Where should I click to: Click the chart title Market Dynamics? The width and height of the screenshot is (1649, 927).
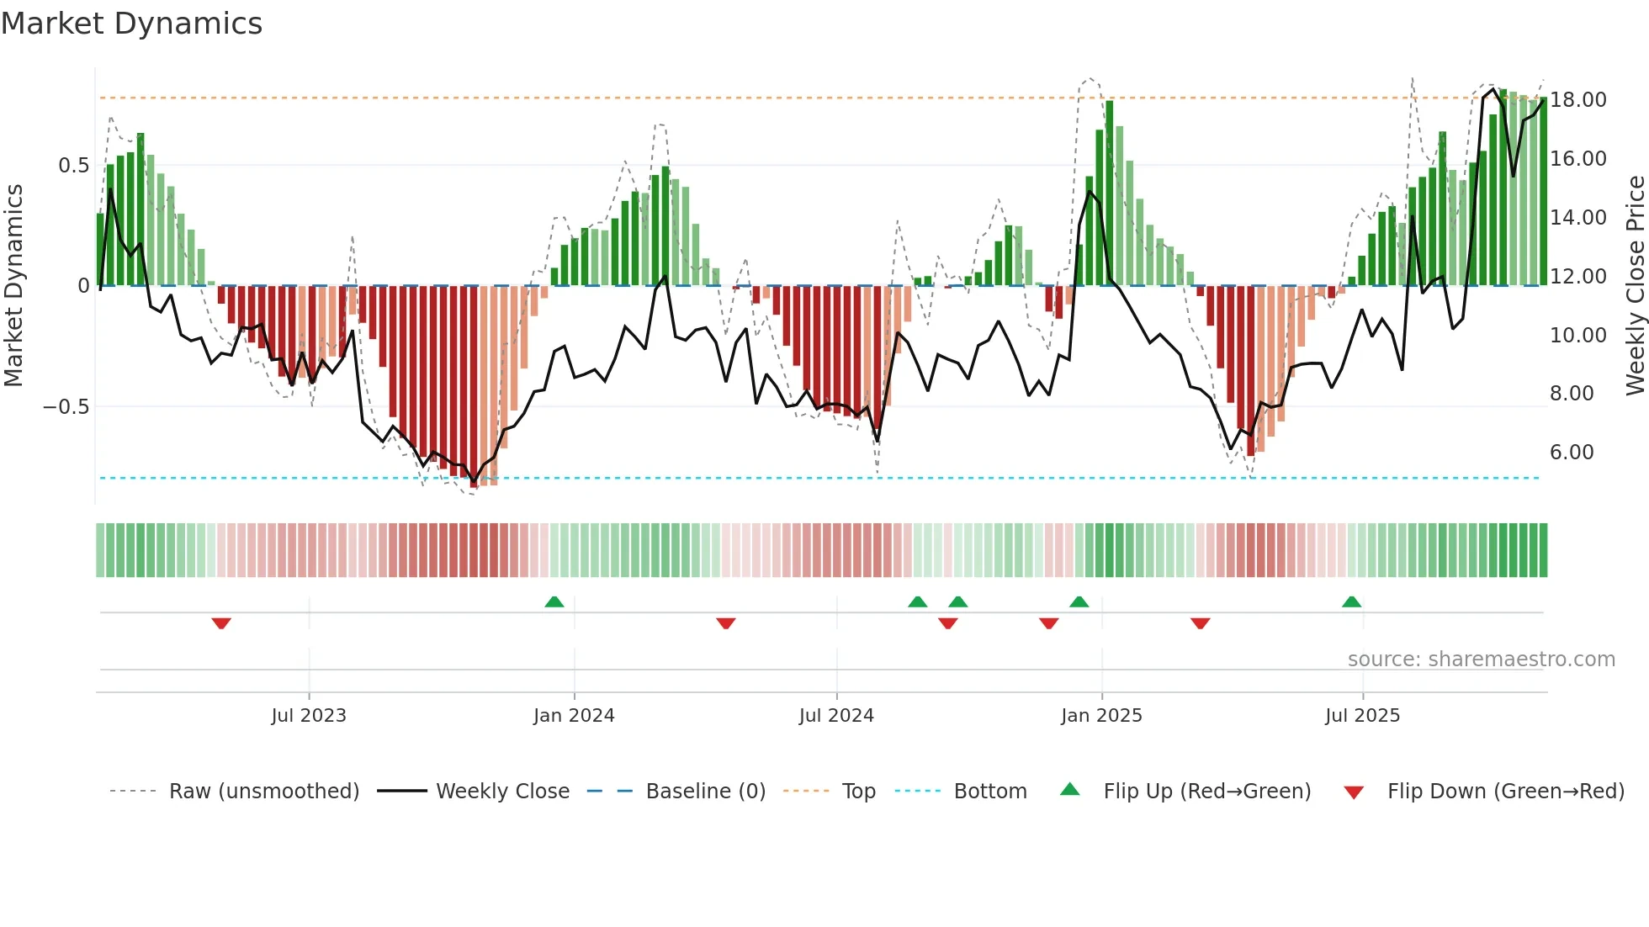(131, 24)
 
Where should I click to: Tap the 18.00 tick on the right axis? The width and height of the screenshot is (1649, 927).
(1577, 99)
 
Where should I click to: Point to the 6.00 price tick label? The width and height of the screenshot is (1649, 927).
(1571, 453)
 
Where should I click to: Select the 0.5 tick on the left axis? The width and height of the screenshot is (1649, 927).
(73, 165)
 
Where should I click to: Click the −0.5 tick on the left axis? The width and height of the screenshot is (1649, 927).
(66, 407)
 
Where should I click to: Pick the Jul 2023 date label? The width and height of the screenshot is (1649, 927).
(308, 716)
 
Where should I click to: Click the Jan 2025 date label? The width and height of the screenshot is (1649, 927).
(1100, 716)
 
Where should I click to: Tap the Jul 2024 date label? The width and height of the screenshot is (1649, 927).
(835, 716)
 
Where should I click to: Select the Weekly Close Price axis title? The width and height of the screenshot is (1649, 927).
(1635, 285)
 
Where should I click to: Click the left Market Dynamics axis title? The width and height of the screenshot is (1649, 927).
(13, 285)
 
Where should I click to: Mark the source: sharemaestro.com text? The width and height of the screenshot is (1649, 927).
(1481, 659)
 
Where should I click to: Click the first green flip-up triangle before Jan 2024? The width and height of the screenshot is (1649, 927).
(554, 602)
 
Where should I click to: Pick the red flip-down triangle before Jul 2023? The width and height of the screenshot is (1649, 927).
(221, 622)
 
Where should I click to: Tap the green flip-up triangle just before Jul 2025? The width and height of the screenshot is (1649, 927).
(1351, 602)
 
